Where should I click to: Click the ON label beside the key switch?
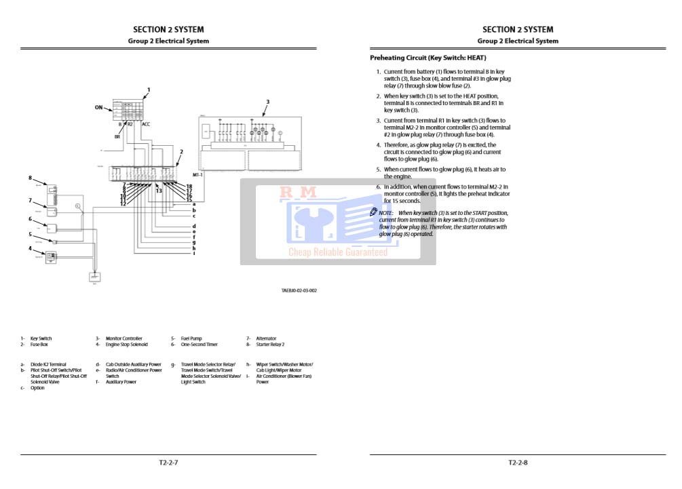click(x=99, y=107)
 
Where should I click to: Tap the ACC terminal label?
click(x=146, y=124)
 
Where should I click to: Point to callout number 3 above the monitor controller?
click(x=267, y=102)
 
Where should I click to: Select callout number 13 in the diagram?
click(x=158, y=191)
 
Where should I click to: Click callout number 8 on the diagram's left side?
click(x=30, y=178)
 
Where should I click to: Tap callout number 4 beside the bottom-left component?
click(x=30, y=248)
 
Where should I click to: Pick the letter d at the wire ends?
click(x=194, y=226)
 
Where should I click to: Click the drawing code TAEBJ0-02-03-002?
click(x=299, y=290)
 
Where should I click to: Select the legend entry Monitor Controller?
click(x=124, y=338)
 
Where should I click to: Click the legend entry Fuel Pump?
click(x=191, y=338)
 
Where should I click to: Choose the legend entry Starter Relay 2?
click(x=270, y=345)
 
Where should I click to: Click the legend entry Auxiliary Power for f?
click(x=121, y=382)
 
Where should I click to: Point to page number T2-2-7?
click(x=168, y=463)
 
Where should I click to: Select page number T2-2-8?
click(x=518, y=463)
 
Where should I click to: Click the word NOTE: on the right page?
click(x=386, y=213)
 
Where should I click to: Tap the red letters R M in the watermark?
click(x=299, y=193)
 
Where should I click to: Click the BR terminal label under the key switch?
click(x=117, y=136)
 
